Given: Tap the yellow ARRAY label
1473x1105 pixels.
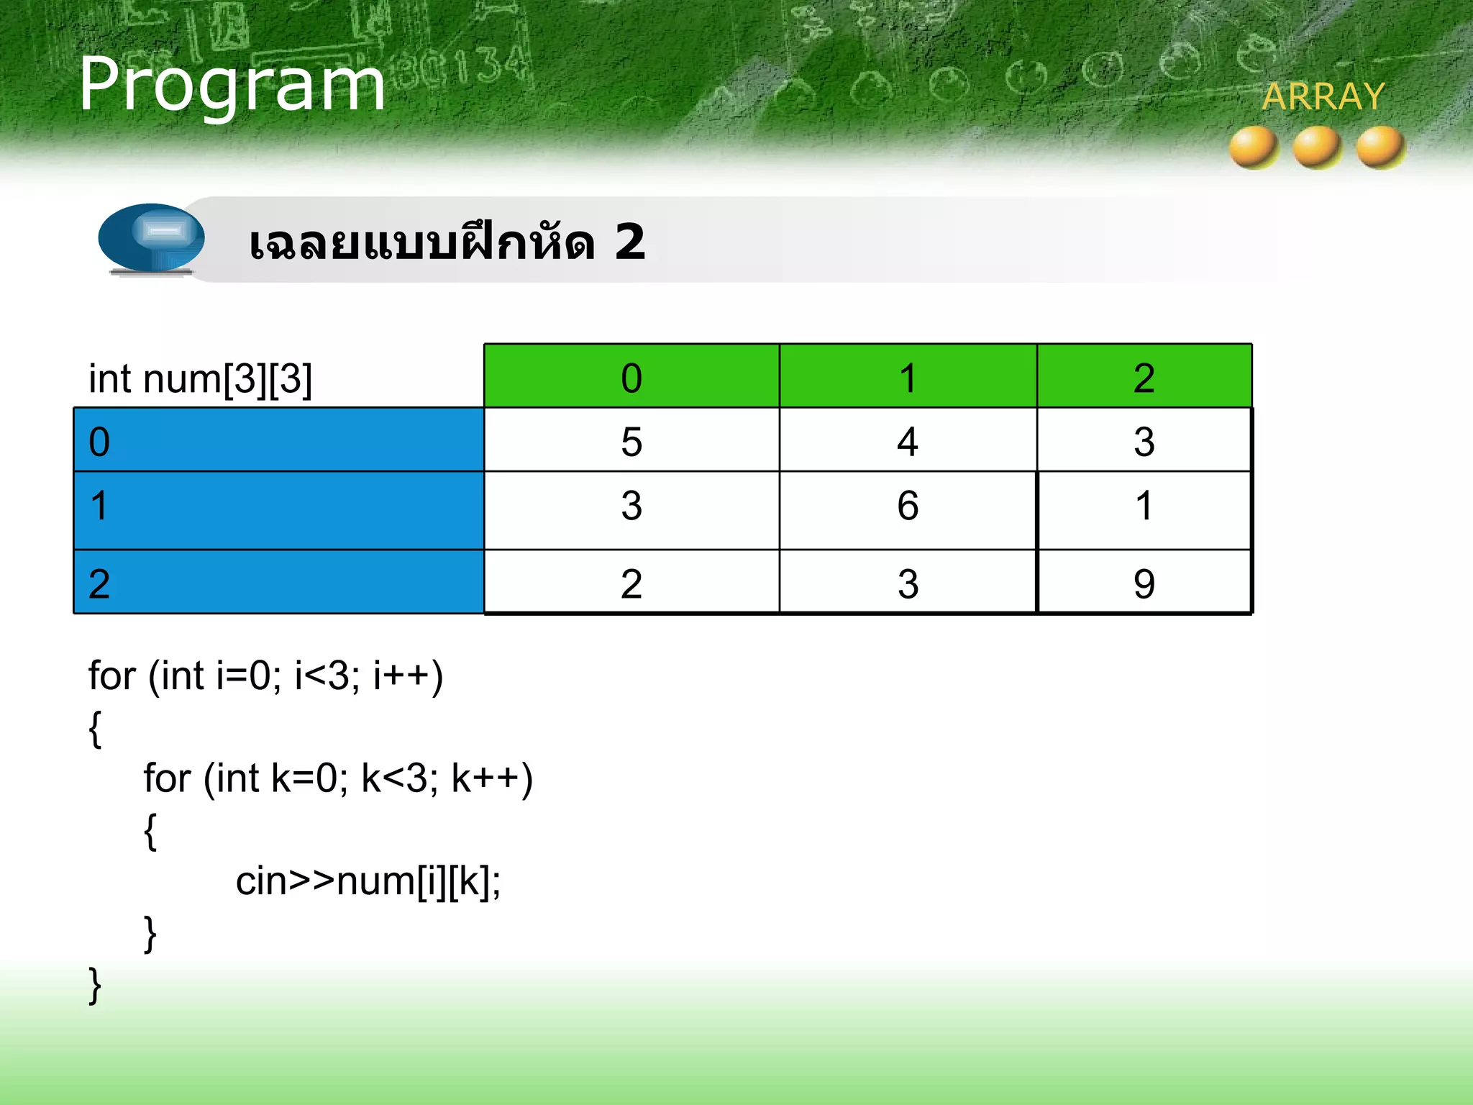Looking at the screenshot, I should point(1323,97).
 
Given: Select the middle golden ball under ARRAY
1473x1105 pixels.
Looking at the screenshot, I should point(1317,147).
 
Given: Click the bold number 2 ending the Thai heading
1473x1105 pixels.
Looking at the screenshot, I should point(629,242).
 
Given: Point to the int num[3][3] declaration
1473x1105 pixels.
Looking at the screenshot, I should point(200,378).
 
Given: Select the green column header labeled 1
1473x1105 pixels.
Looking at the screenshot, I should point(908,377).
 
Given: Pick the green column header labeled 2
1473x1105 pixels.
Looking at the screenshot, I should point(1144,377).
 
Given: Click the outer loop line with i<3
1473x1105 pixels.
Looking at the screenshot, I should point(265,676).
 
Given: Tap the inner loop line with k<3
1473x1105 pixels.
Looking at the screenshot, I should point(338,778).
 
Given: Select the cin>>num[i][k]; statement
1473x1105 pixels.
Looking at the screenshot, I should point(368,881).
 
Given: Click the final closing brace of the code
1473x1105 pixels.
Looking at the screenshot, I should point(95,986).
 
